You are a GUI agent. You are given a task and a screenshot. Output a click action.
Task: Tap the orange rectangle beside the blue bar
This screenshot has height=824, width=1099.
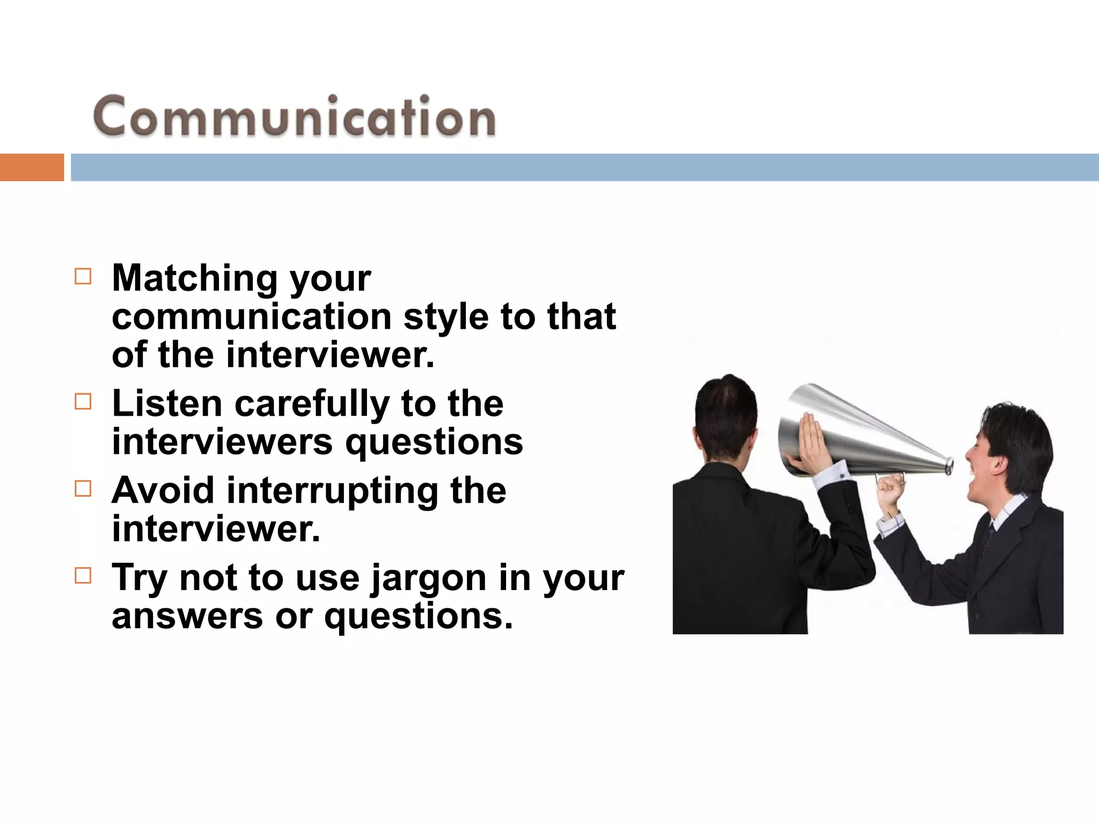click(32, 167)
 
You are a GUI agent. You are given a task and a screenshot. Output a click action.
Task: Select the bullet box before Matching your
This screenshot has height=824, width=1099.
click(83, 277)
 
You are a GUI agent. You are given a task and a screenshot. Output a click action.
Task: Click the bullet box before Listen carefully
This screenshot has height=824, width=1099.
click(83, 402)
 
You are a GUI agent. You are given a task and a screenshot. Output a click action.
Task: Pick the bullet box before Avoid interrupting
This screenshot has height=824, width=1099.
click(83, 489)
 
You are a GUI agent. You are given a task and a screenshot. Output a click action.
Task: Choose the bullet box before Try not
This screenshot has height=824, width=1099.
click(83, 576)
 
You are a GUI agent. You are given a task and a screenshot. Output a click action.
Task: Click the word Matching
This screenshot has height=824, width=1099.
click(194, 279)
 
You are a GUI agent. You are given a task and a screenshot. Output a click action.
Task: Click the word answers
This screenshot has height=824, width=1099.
click(187, 616)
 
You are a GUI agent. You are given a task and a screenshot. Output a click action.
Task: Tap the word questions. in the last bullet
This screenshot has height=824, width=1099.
click(419, 617)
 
